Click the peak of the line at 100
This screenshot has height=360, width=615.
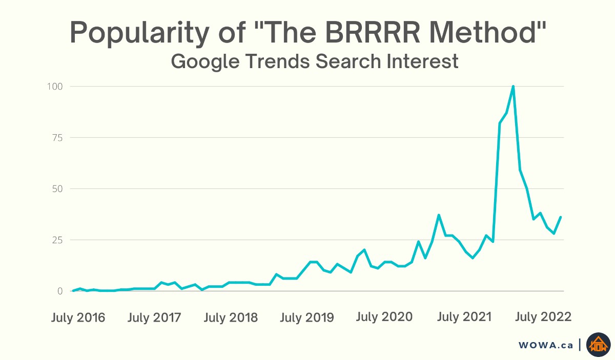coord(513,87)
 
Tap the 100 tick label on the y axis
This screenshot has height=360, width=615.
coord(55,87)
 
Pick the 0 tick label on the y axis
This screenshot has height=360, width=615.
coord(59,291)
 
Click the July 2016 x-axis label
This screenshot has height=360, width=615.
coord(78,317)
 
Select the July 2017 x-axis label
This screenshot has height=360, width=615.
coord(154,317)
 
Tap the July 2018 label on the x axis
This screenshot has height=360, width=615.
coord(231,317)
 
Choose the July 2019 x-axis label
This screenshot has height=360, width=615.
coord(307,317)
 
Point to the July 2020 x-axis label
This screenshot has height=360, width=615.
coord(384,317)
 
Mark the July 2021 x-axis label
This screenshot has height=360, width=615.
coord(464,317)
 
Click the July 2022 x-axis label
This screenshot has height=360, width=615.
coord(543,317)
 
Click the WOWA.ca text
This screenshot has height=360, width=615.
coord(546,345)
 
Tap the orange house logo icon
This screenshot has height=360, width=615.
coord(599,345)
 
